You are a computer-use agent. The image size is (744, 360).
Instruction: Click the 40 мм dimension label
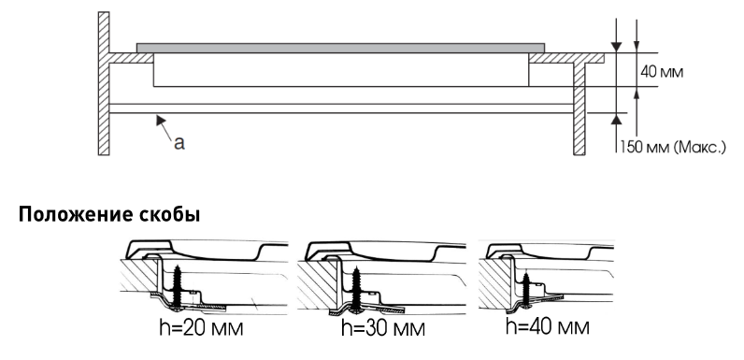point(662,72)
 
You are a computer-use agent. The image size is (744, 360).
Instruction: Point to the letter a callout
point(179,142)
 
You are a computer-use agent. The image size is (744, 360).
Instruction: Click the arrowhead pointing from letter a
point(161,120)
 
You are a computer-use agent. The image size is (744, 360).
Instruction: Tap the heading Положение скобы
point(109,215)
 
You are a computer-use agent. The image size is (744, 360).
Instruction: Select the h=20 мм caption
point(201,328)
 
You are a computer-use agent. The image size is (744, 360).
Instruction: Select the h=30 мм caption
point(383,327)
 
